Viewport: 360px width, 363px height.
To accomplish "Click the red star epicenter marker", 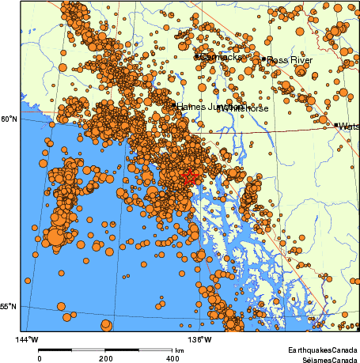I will click(189, 178).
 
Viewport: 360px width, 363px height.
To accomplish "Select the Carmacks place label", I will click(222, 57).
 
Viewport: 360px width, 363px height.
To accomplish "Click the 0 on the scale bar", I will click(40, 357).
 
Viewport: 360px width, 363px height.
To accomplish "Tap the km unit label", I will click(180, 350).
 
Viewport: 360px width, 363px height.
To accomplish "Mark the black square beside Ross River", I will click(263, 59).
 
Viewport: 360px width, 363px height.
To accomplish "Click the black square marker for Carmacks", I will click(197, 56).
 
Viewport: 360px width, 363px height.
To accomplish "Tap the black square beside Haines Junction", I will click(174, 104).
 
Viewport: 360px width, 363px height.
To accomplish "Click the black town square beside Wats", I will click(335, 125).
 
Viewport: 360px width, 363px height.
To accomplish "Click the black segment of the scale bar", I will click(56, 349).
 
